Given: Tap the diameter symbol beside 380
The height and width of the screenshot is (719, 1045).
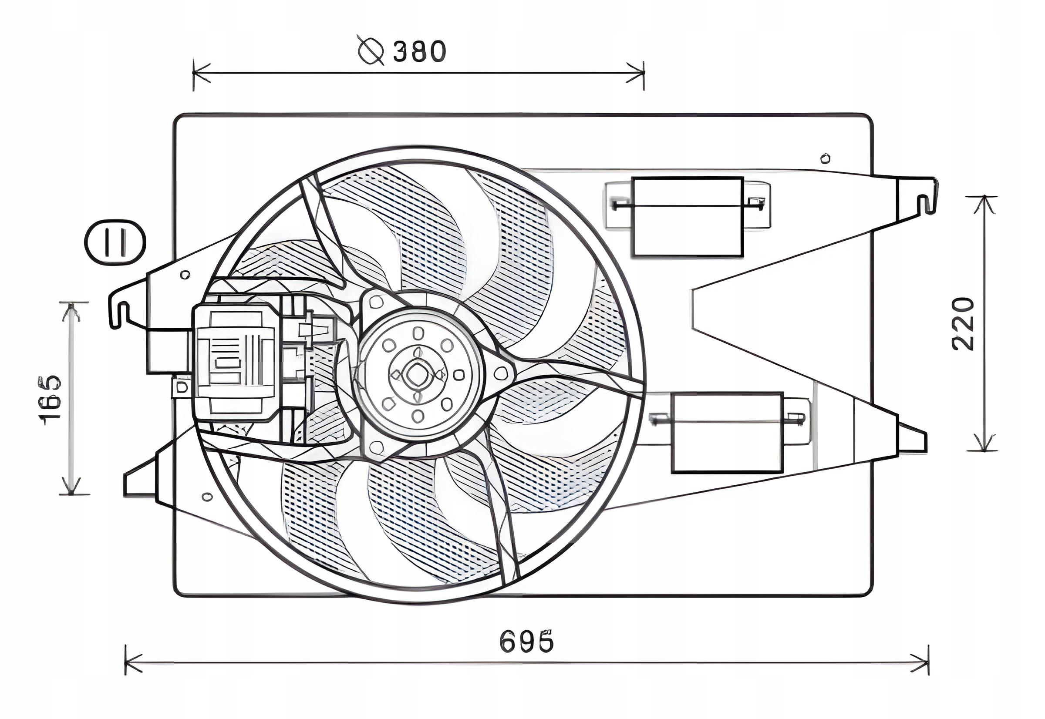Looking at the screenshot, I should (x=371, y=50).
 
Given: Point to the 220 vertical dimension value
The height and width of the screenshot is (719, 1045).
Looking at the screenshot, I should (x=963, y=323).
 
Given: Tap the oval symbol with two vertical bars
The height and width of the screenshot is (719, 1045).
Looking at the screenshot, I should (x=115, y=242).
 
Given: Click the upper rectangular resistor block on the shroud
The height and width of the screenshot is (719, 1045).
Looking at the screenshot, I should (x=687, y=217).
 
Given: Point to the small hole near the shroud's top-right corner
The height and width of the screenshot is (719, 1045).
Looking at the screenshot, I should (x=826, y=158).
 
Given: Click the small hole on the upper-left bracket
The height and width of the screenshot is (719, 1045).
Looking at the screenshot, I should (x=185, y=274).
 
